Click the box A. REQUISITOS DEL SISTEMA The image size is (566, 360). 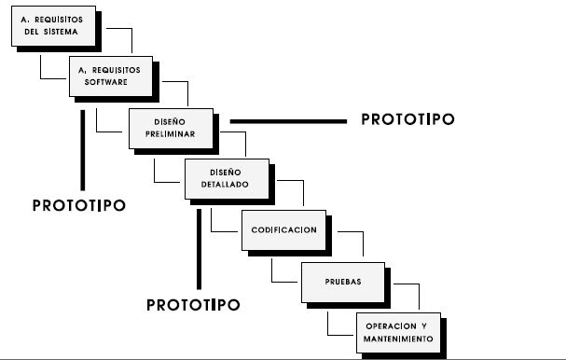(x=56, y=25)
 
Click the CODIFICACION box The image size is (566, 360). (x=284, y=229)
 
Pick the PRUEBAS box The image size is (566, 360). (x=342, y=280)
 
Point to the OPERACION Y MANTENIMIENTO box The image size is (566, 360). (x=399, y=331)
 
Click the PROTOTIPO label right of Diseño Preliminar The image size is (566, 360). (x=407, y=120)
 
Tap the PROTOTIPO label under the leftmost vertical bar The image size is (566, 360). (x=78, y=204)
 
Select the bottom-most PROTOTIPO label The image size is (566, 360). (x=193, y=305)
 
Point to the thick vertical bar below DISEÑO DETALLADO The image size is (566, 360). (x=198, y=246)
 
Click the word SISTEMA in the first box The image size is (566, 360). (x=76, y=32)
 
